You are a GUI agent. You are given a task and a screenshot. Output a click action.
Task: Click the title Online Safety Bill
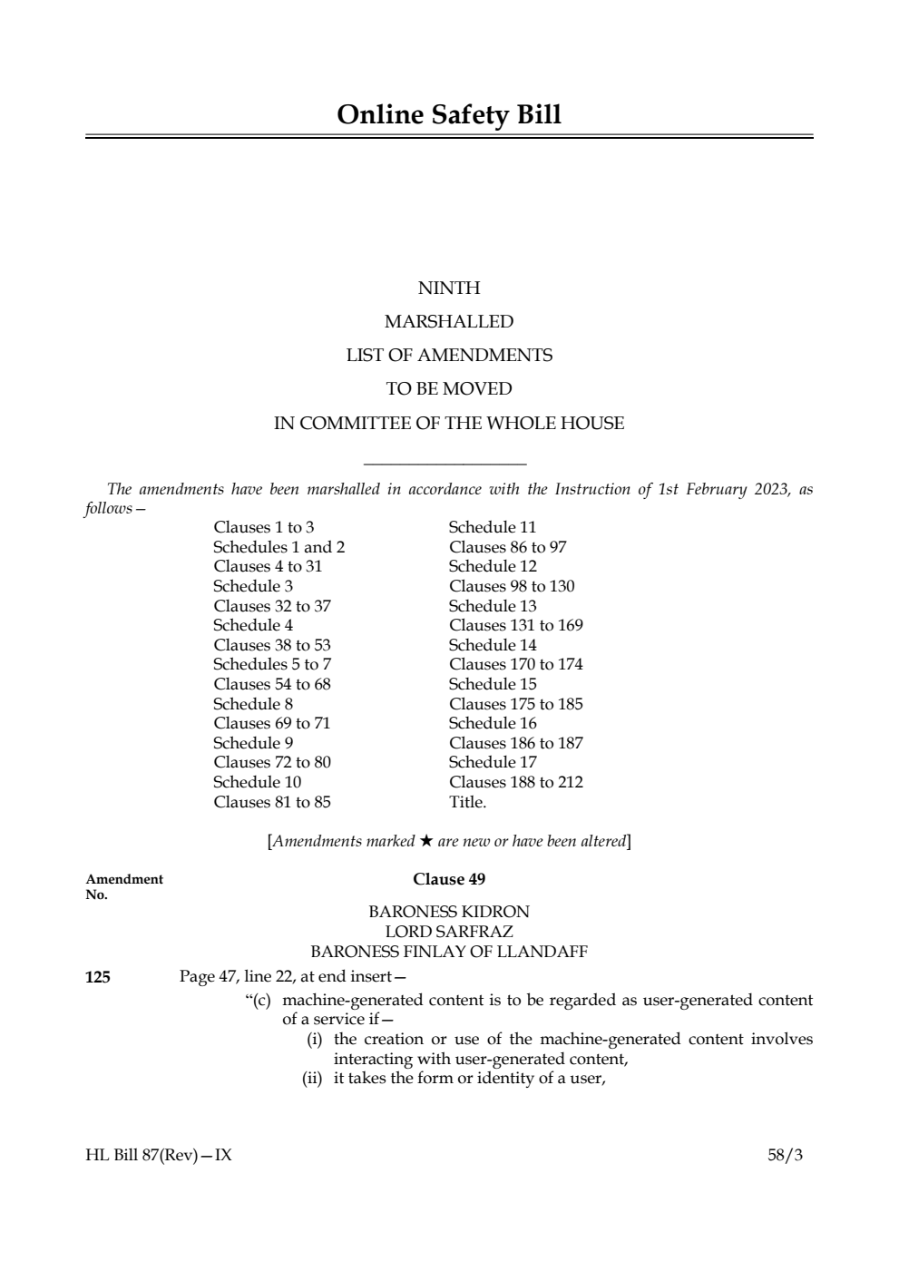tap(449, 115)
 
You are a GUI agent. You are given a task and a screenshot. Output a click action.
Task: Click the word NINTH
tap(449, 288)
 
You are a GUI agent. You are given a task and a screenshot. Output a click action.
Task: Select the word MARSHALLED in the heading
tap(449, 322)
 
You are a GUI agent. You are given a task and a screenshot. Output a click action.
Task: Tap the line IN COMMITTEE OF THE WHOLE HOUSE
tap(449, 424)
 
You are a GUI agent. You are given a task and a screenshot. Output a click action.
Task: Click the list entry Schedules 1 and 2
tap(278, 547)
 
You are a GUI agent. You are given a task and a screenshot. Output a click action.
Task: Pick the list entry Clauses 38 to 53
tap(272, 645)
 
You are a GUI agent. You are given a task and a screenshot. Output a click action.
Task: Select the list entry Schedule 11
tap(493, 527)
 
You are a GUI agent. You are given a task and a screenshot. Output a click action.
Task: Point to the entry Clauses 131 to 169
tap(515, 625)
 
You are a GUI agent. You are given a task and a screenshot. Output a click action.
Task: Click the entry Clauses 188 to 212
tap(515, 782)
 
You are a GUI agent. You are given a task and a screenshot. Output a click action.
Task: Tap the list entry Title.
tap(467, 802)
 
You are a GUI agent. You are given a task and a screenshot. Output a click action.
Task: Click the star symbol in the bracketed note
tap(426, 841)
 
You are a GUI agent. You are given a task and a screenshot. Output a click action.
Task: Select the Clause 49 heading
tap(449, 879)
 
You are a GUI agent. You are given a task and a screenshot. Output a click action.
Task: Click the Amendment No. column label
tap(123, 886)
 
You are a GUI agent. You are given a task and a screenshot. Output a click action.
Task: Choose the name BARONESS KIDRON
tap(449, 912)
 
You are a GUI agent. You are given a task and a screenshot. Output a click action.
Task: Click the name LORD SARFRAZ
tap(449, 932)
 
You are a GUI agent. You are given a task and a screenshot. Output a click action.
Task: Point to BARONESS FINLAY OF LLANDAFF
tap(449, 952)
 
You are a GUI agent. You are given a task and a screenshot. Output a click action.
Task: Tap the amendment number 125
tap(98, 977)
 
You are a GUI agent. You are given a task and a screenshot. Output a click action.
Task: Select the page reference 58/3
tap(785, 1155)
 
